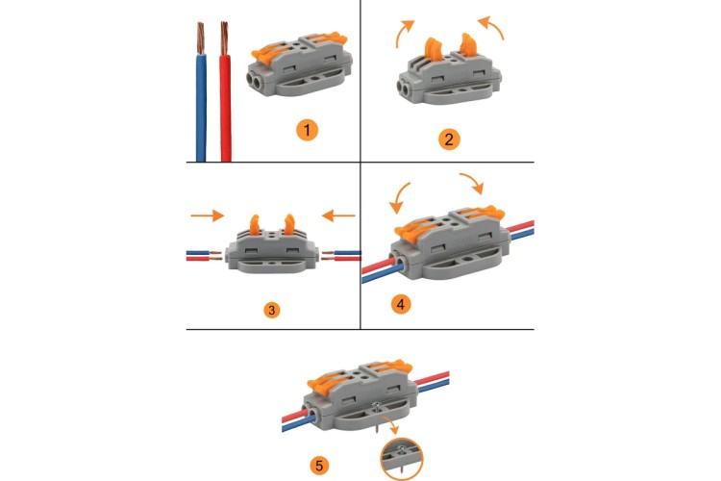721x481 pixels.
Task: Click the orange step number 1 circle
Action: click(x=308, y=130)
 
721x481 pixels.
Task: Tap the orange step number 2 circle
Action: click(x=449, y=139)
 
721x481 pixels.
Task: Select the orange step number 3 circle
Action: click(x=272, y=310)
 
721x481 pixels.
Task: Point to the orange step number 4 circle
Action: click(x=401, y=304)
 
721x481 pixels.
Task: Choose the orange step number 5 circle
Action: click(x=319, y=465)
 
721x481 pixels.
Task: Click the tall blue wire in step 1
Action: click(x=201, y=108)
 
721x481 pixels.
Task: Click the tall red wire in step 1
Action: click(x=225, y=108)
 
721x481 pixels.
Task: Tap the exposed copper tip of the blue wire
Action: click(x=201, y=38)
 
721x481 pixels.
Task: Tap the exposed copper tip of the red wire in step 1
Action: click(x=224, y=38)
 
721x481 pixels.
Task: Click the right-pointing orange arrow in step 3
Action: click(x=208, y=215)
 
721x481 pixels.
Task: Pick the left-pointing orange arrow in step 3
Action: click(x=338, y=215)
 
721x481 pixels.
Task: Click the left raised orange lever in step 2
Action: click(x=434, y=50)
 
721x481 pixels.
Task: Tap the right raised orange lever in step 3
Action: click(x=289, y=224)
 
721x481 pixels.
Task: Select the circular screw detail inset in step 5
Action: click(x=402, y=459)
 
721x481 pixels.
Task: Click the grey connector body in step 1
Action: click(x=300, y=64)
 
